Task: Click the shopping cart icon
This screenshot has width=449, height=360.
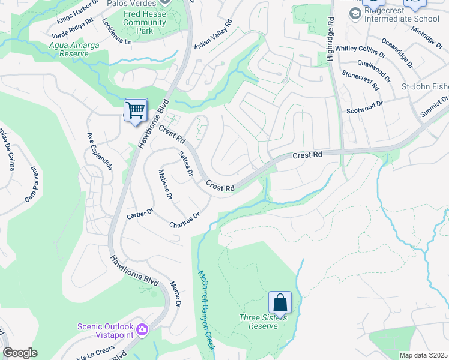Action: [x=136, y=110]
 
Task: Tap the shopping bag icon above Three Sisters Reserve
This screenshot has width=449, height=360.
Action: [x=280, y=302]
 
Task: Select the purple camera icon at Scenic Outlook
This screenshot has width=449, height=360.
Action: [x=142, y=329]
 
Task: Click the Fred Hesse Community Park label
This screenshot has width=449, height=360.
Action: [x=144, y=22]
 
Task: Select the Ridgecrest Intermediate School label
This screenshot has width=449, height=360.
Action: [x=405, y=19]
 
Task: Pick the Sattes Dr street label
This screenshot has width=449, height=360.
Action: [x=185, y=163]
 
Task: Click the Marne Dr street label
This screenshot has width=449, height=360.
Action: [x=175, y=294]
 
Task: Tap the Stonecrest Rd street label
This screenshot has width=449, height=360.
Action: [x=361, y=80]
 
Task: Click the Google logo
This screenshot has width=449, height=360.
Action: [x=20, y=353]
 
